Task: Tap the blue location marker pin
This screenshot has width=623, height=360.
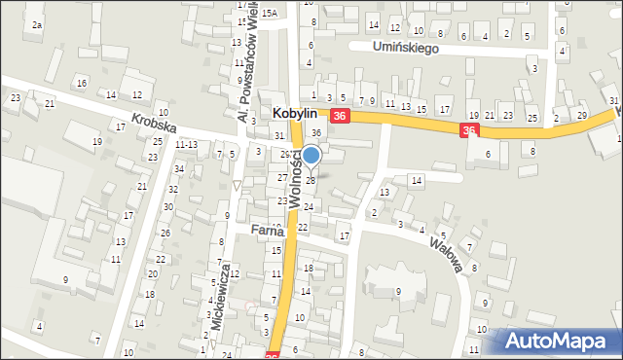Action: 311,155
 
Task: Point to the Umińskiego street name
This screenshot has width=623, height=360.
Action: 407,48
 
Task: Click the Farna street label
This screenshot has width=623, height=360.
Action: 266,231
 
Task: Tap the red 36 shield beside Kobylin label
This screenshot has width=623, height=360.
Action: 339,116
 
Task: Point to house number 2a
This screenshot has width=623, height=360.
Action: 36,24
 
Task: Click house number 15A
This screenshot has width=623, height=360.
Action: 269,13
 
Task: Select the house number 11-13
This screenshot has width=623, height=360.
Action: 186,144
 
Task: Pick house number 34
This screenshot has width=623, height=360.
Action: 178,169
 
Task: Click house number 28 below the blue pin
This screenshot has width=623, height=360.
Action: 311,180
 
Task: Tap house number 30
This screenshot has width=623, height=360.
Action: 169,207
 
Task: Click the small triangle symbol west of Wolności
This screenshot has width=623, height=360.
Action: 236,185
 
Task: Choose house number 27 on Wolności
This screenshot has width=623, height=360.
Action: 282,178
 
